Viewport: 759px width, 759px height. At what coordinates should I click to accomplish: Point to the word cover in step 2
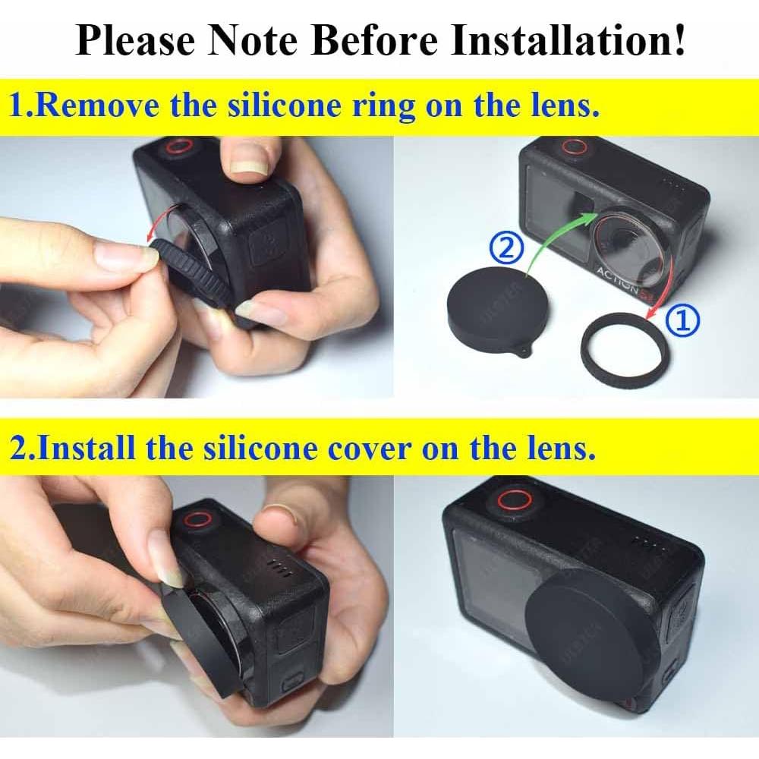coord(371,448)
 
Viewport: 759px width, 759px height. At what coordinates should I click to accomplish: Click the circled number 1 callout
coord(683,323)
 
